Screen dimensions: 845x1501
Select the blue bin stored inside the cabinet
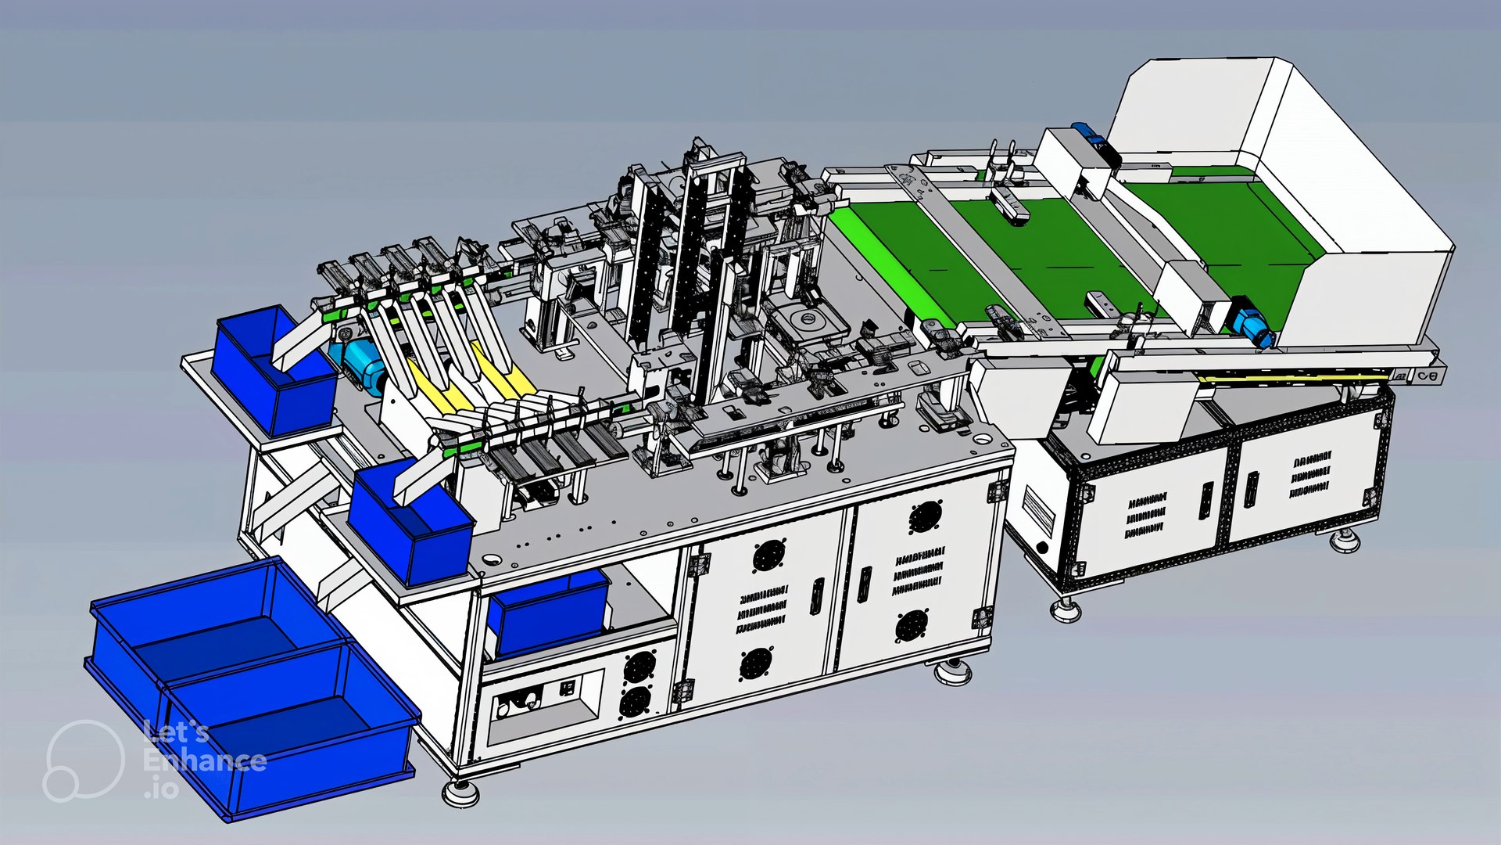547,614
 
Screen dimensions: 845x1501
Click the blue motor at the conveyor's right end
1251,325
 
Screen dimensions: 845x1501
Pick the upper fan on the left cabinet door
768,556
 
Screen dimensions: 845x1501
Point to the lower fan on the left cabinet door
755,663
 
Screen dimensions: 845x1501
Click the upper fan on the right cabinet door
924,516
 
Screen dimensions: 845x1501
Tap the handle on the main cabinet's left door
818,596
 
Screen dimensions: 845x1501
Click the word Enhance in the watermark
205,760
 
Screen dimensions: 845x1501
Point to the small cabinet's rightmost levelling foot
1345,540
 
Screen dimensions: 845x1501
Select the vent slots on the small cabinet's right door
1310,474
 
